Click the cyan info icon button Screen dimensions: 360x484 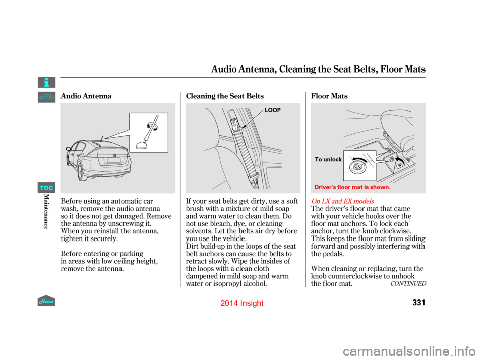click(x=46, y=82)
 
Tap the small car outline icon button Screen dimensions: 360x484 click(x=46, y=97)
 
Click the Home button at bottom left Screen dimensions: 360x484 click(x=46, y=300)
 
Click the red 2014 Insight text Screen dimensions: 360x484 click(x=242, y=303)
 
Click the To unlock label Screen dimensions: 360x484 click(x=328, y=159)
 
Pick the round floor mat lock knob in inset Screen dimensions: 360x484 click(x=359, y=166)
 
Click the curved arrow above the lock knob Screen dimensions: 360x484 click(x=359, y=157)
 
